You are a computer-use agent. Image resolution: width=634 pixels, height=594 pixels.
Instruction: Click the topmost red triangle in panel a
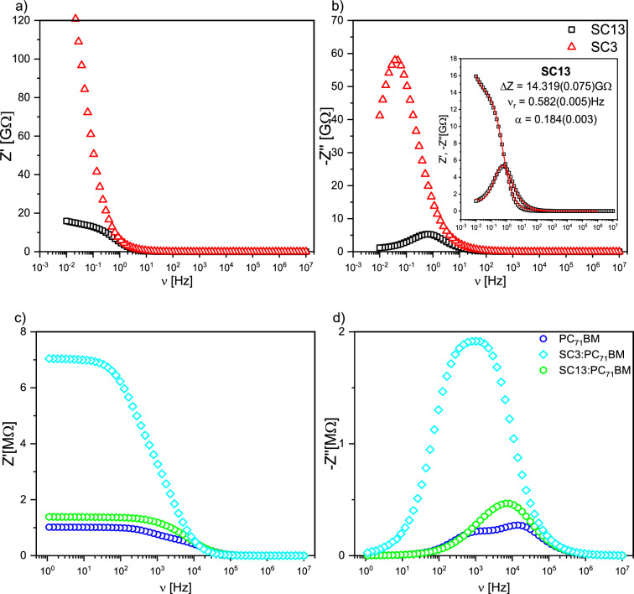[75, 18]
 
